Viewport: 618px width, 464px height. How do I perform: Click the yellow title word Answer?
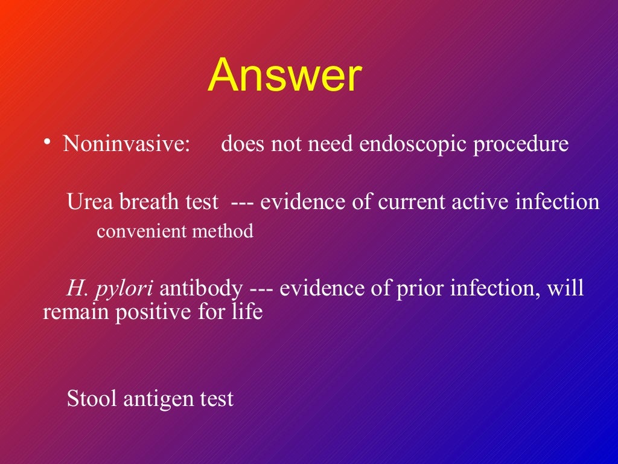284,76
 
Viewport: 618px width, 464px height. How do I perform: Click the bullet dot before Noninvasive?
46,143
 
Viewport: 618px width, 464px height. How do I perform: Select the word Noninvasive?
127,145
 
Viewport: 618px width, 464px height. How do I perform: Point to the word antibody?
201,289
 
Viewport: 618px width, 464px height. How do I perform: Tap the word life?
249,313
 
